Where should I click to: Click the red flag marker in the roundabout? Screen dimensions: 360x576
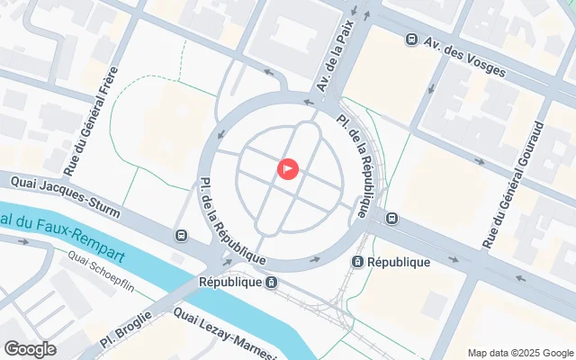point(287,168)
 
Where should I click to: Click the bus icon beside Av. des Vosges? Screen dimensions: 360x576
point(411,40)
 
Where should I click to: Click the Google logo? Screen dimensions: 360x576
point(30,348)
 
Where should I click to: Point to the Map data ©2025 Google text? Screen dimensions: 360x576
point(518,352)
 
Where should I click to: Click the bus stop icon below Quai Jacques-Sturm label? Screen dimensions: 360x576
point(182,236)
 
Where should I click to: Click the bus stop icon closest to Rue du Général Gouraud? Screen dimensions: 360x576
point(392,218)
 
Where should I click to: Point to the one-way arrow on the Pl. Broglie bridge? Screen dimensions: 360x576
point(227,262)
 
